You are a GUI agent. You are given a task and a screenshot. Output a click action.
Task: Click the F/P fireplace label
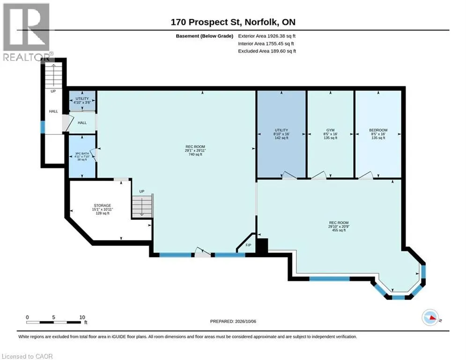(248, 245)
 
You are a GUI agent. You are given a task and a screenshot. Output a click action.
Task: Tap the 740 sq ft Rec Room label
(195, 150)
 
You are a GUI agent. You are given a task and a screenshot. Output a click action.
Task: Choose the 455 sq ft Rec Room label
(339, 226)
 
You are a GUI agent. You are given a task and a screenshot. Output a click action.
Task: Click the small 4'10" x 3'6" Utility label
(82, 101)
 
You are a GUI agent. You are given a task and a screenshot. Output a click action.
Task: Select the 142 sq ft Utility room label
(281, 134)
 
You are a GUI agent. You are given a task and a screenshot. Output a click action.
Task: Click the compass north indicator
(430, 317)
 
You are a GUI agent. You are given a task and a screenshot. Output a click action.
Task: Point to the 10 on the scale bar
(82, 317)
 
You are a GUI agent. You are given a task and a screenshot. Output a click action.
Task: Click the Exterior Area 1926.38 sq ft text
(266, 36)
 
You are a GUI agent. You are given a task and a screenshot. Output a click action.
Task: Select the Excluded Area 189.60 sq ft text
(267, 51)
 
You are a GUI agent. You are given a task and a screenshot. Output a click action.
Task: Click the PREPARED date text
(233, 321)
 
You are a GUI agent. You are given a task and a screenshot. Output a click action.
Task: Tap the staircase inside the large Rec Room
(142, 206)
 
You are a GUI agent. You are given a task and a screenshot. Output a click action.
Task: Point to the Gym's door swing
(319, 175)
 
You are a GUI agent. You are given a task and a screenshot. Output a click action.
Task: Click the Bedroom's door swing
(366, 175)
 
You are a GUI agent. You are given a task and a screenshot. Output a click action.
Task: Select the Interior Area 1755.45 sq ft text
(266, 44)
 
